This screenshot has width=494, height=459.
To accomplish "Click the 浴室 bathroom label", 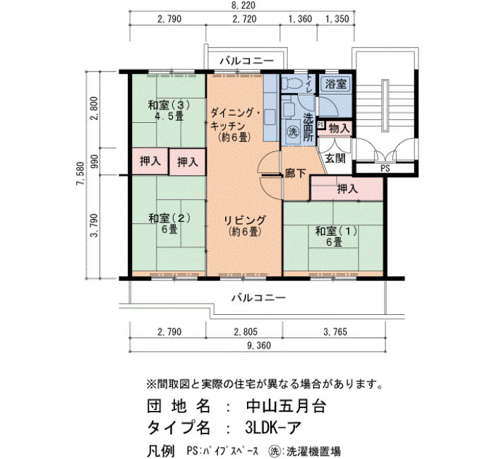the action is click(335, 84).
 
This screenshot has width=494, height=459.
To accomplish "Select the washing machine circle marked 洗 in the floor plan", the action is click(294, 131).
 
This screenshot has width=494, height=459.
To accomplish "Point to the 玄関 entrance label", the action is click(335, 158).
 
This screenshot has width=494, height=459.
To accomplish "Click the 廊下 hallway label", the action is click(295, 173).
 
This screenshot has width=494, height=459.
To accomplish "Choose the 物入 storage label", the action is click(339, 129).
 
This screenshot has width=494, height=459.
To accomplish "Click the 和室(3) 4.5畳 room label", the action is click(169, 110).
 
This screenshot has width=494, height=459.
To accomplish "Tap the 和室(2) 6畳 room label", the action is click(169, 224).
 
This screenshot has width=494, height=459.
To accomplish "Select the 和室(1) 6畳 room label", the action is click(336, 237).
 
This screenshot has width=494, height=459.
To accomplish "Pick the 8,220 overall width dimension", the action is click(242, 5).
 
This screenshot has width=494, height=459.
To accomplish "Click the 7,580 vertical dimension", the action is click(80, 174).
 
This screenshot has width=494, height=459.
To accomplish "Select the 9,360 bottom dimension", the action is click(259, 345).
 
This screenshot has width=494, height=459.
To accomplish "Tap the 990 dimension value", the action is click(95, 162).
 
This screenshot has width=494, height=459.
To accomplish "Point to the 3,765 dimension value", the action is click(335, 332).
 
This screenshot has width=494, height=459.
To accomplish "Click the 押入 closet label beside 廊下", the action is click(347, 189).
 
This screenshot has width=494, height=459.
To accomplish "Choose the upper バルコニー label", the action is click(247, 61).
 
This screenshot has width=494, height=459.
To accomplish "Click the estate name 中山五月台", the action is click(286, 406).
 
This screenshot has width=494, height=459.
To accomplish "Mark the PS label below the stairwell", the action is click(385, 168).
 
